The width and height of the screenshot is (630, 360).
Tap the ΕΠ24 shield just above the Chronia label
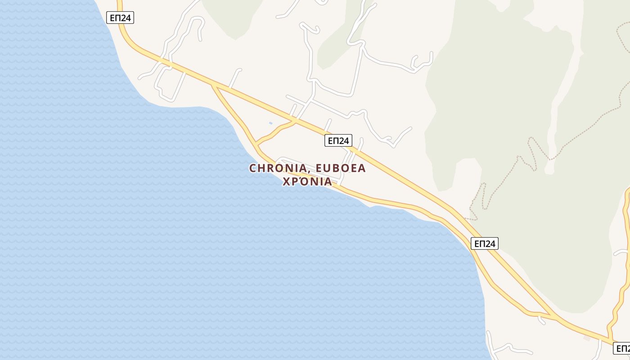[338, 141]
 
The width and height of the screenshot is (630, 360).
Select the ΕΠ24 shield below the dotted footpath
[485, 243]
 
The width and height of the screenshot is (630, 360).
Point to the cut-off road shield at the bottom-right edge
[622, 348]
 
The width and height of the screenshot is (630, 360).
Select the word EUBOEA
[341, 168]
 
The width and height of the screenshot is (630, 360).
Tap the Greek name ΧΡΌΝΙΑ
[307, 181]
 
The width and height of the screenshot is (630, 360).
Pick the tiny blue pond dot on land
[270, 123]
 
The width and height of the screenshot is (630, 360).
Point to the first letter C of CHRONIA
[253, 168]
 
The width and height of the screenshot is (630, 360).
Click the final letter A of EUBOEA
[362, 168]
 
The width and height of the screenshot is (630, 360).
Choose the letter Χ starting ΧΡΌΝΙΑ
[286, 181]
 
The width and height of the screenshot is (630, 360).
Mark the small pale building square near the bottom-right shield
[586, 337]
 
